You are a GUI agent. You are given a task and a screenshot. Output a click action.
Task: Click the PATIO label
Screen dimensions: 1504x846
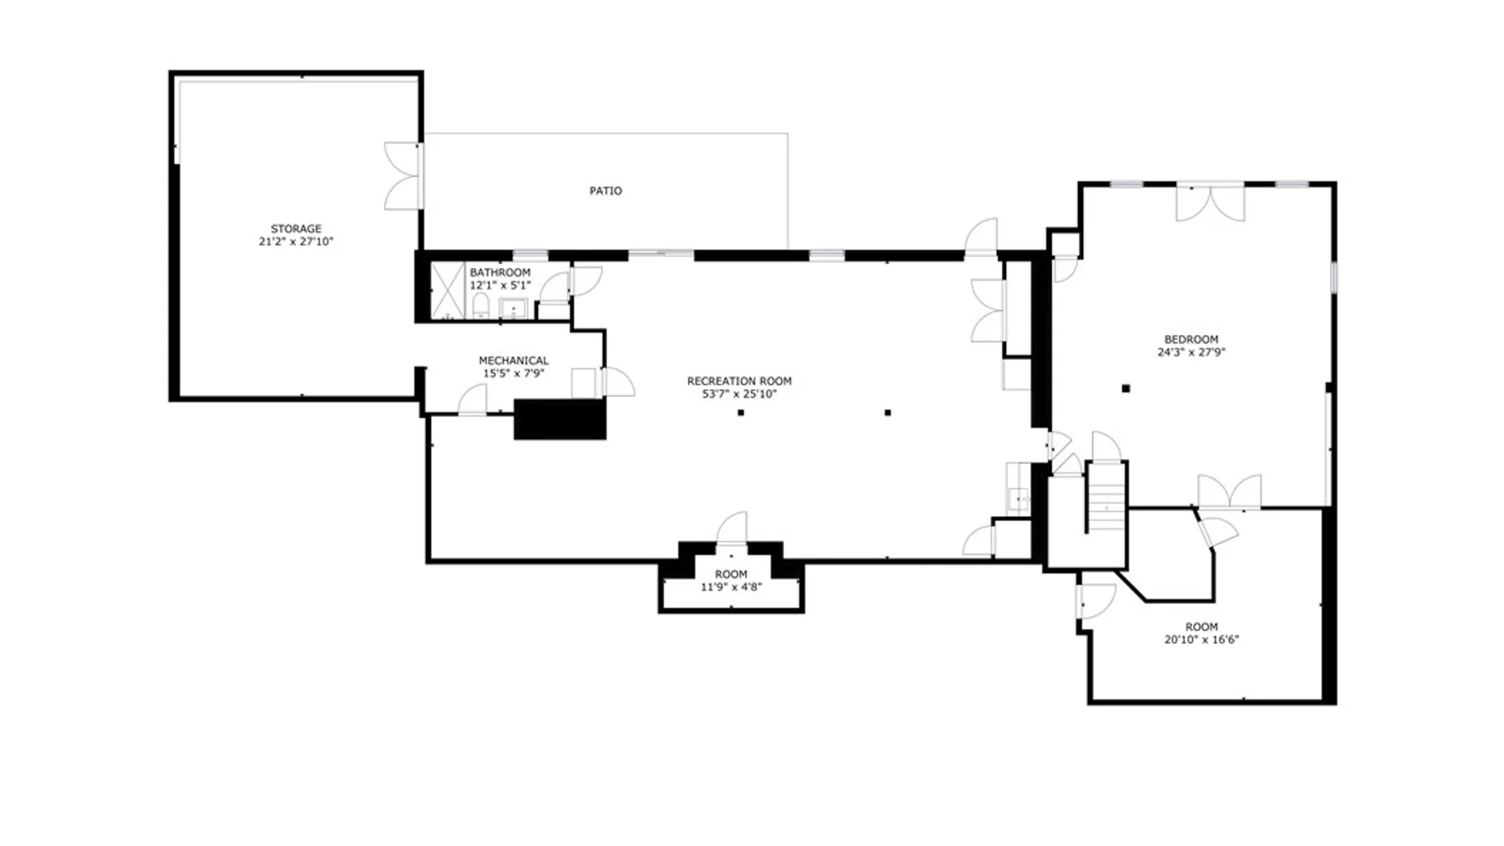click(x=606, y=190)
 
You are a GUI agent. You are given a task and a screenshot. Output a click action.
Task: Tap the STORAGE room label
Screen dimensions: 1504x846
click(x=296, y=229)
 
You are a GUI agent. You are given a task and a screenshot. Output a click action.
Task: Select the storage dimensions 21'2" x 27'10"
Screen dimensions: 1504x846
click(x=296, y=242)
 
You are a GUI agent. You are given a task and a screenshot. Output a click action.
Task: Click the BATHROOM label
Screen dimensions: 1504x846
click(x=500, y=273)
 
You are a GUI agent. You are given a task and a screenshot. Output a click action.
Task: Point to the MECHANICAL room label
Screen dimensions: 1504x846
click(x=514, y=361)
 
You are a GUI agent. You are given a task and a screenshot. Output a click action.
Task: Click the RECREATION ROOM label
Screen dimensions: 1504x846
click(x=739, y=381)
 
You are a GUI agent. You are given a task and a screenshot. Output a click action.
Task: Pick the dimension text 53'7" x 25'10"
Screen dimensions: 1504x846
click(x=739, y=394)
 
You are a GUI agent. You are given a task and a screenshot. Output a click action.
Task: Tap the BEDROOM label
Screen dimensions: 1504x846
click(x=1191, y=339)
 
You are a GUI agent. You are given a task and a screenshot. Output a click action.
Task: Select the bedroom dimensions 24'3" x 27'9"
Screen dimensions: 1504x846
click(x=1191, y=352)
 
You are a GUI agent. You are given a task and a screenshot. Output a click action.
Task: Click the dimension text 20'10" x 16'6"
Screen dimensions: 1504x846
click(x=1202, y=640)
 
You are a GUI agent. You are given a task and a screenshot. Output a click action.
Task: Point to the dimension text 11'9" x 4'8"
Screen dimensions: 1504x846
click(x=731, y=587)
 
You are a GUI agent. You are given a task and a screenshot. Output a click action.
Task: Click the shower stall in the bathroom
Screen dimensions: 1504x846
click(x=447, y=291)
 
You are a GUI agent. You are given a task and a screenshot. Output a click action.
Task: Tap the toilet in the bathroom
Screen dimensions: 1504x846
click(x=481, y=306)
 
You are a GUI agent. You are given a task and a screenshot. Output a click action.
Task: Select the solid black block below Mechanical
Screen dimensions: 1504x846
click(x=560, y=419)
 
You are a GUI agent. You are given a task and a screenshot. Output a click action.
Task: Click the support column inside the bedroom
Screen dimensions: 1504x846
click(x=1126, y=389)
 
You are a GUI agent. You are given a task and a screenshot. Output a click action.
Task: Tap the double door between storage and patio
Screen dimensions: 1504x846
click(x=403, y=175)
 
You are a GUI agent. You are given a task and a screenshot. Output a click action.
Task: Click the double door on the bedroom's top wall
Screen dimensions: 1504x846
click(x=1210, y=202)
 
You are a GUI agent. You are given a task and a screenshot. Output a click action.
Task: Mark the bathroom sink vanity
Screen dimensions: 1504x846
click(x=513, y=309)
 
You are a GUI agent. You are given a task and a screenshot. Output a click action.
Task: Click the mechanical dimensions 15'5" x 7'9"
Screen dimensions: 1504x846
click(x=514, y=374)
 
